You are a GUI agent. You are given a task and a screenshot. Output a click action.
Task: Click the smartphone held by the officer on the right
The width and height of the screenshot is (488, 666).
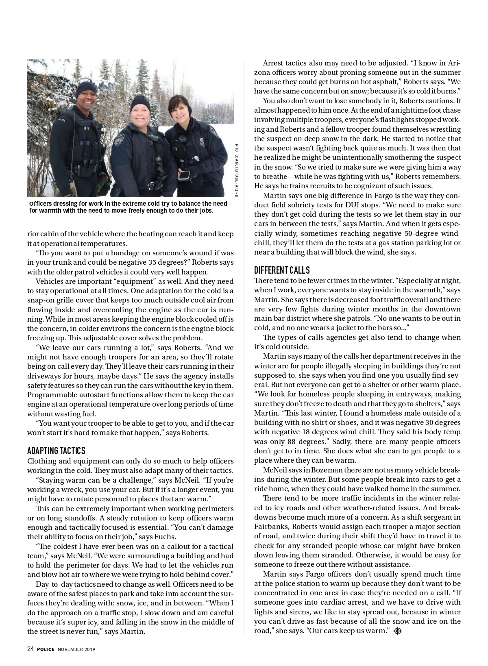pos(184,175)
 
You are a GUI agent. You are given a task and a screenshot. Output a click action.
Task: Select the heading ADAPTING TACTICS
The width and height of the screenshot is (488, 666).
pos(56,451)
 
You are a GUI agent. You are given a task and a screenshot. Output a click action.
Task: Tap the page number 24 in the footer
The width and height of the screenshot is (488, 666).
pos(30,649)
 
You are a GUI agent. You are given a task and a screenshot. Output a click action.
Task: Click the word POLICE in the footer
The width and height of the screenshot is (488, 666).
pos(46,649)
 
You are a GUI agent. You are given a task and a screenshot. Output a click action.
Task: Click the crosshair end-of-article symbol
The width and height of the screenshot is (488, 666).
pos(398,631)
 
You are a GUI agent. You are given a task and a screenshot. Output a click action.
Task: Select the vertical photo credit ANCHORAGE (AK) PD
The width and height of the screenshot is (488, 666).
pos(236,171)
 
